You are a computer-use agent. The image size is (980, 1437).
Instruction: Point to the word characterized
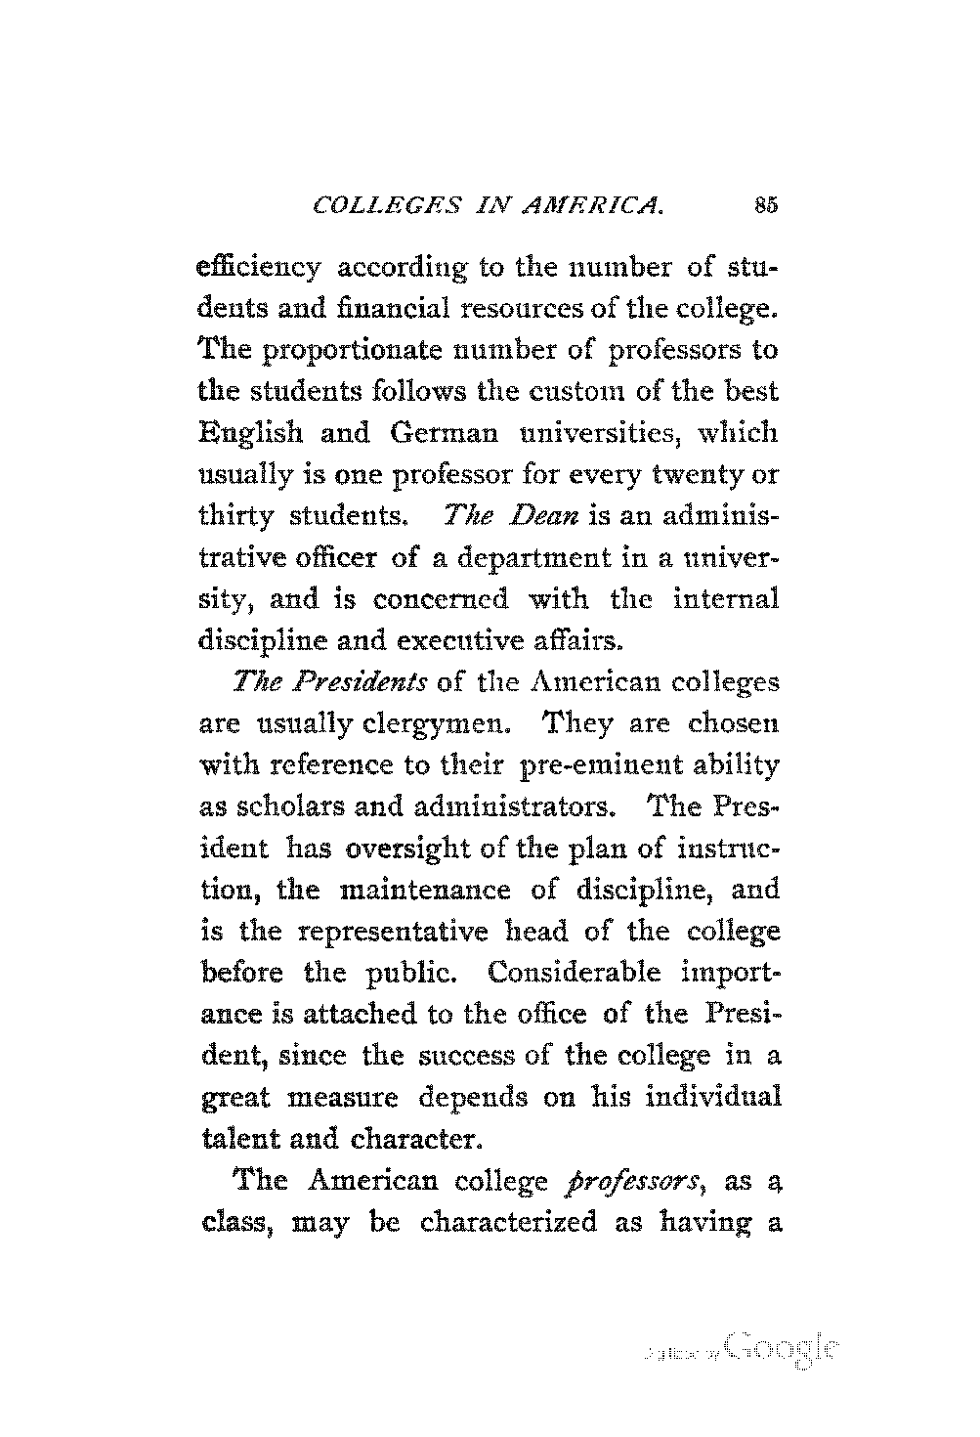(x=508, y=1223)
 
